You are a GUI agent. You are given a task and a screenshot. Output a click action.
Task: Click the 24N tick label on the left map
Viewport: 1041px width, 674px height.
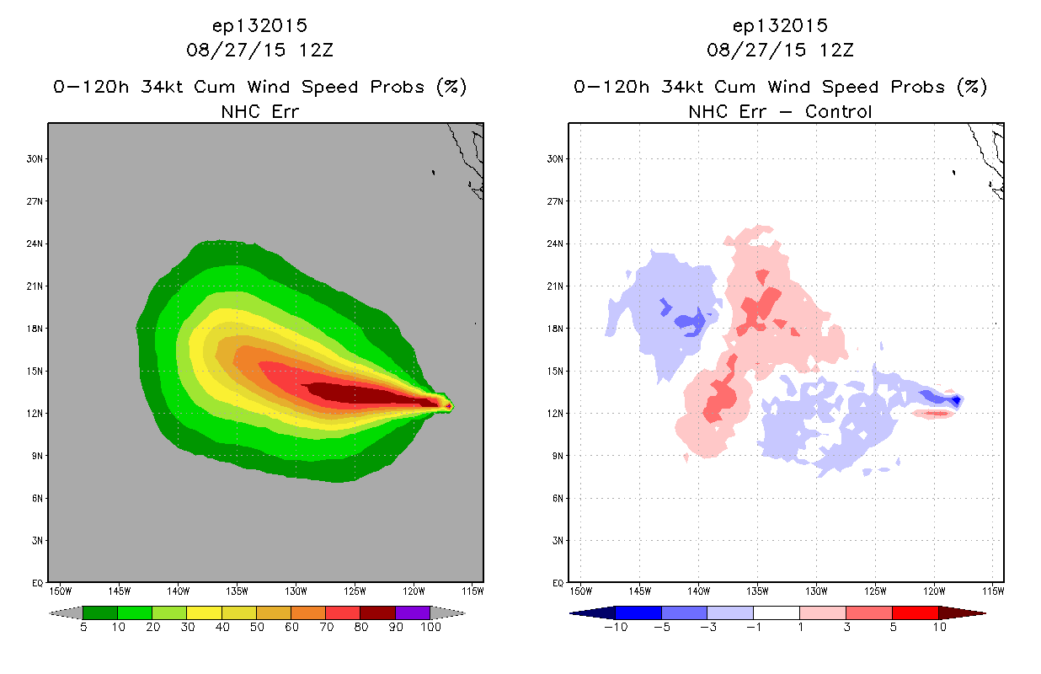(x=34, y=243)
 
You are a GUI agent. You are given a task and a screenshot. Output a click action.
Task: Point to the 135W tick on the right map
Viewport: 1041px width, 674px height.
(x=757, y=591)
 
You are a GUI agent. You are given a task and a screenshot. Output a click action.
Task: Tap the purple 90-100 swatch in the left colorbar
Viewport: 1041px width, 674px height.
(x=413, y=612)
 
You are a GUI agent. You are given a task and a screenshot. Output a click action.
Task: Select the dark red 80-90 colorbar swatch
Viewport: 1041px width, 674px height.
(x=378, y=612)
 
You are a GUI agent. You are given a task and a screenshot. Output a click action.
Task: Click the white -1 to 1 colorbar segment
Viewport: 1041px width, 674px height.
(x=777, y=612)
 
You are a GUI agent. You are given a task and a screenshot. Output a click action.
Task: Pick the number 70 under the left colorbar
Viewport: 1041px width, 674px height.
(x=326, y=627)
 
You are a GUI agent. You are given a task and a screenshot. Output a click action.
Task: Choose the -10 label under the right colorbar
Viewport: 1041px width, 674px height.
(x=616, y=627)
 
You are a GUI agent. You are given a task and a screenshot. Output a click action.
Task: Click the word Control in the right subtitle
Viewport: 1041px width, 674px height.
(x=838, y=111)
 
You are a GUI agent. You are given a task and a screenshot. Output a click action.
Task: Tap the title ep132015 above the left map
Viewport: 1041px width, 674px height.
(x=259, y=25)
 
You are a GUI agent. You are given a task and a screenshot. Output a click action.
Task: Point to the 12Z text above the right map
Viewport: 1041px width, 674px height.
(x=836, y=51)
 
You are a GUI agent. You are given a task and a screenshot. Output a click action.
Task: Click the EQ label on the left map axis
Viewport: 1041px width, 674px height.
(x=38, y=583)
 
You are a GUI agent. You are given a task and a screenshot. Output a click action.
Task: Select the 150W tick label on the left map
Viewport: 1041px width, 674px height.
(x=61, y=591)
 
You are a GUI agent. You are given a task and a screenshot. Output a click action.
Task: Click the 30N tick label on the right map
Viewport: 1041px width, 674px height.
(x=554, y=159)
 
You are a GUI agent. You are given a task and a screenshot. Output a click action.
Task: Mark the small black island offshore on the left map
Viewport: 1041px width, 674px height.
(x=433, y=173)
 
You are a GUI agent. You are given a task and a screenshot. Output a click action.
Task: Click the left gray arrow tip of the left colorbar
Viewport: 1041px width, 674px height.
(x=50, y=613)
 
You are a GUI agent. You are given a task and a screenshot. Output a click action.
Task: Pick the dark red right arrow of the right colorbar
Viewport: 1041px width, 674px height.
(x=962, y=613)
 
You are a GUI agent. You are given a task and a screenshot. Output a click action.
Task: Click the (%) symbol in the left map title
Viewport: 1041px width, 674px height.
(x=451, y=87)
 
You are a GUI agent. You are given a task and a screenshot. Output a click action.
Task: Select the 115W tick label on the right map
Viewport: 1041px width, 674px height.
(x=993, y=591)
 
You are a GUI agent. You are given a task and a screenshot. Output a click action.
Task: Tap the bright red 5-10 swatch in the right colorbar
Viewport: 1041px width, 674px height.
(x=916, y=612)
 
